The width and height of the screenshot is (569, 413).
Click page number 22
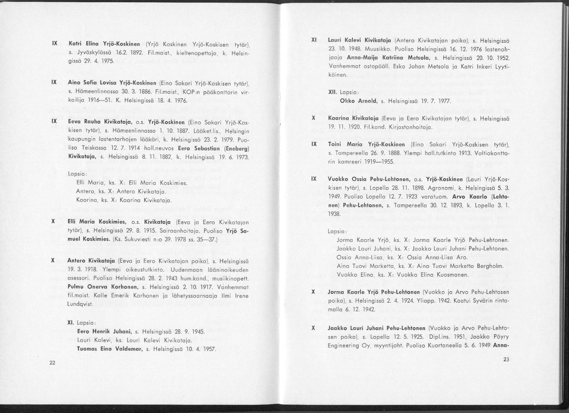point(52,363)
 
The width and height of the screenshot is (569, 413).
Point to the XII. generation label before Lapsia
point(332,93)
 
